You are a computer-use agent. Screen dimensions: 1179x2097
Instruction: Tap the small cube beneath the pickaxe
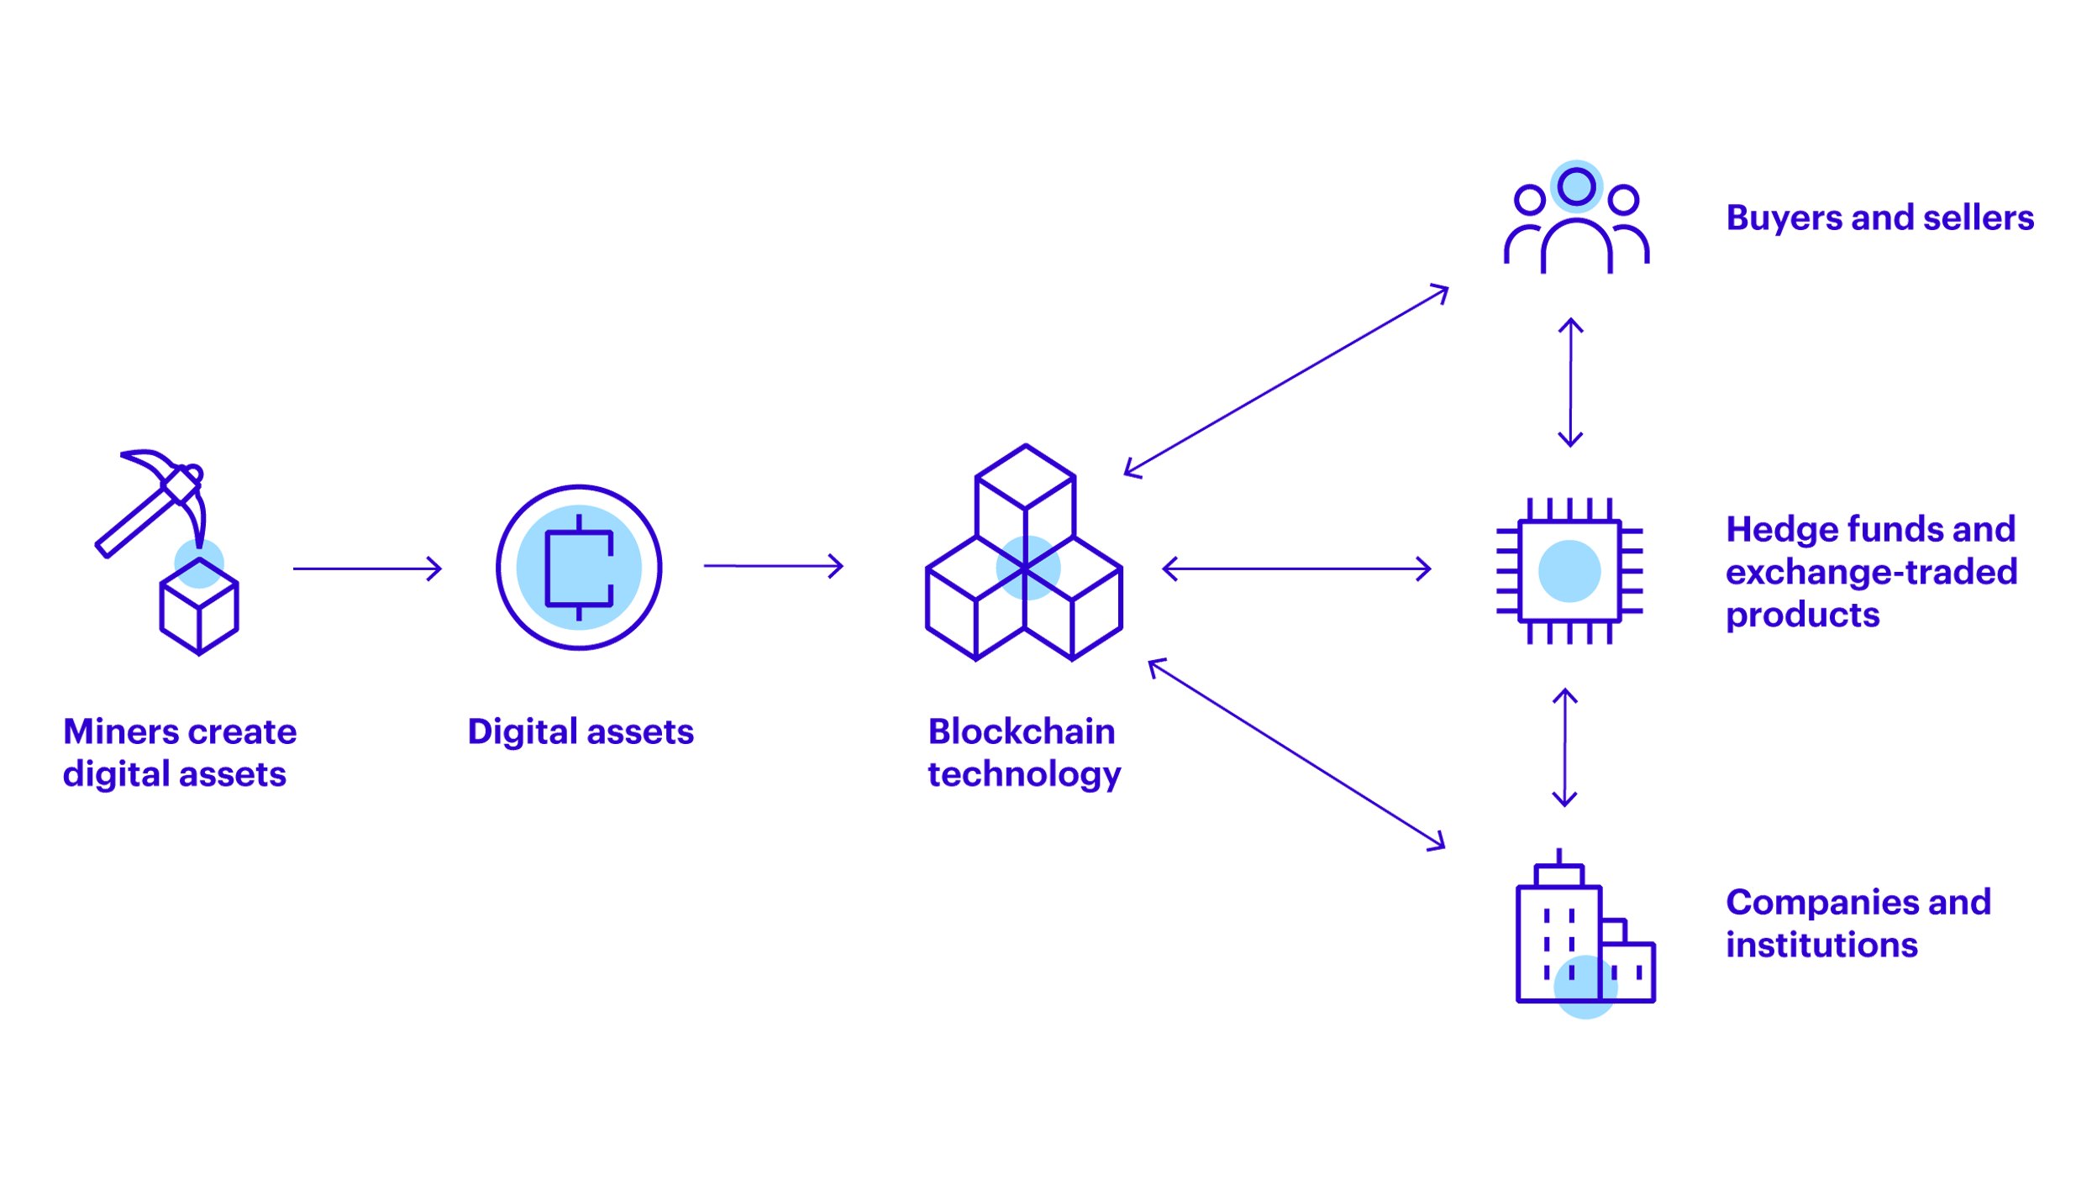coord(199,606)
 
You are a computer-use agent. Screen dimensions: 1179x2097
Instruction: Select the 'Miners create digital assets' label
coord(179,752)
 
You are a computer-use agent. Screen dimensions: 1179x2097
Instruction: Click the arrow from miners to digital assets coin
coord(367,569)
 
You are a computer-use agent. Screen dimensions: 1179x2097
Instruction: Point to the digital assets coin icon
coord(579,568)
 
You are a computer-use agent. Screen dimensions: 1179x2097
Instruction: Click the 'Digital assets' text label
coord(581,731)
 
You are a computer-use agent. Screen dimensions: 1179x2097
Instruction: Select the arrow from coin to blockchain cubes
coord(773,566)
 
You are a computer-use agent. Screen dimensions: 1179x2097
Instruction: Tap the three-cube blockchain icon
coord(1024,554)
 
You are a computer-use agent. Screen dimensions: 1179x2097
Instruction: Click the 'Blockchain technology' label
coord(1024,752)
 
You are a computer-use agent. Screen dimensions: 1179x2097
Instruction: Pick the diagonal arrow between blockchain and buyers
coord(1286,380)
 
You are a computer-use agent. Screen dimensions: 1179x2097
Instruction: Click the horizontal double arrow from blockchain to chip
coord(1296,569)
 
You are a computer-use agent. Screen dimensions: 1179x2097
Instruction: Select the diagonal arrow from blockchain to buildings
coord(1296,754)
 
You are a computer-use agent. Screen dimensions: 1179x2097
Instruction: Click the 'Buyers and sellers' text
coord(1879,217)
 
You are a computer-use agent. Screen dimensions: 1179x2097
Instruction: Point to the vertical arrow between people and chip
coord(1570,382)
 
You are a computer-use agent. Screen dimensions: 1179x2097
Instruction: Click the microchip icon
coord(1569,571)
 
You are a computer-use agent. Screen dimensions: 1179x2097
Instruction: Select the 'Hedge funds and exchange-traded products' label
coord(1871,572)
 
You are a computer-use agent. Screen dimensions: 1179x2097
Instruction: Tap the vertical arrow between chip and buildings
coord(1564,747)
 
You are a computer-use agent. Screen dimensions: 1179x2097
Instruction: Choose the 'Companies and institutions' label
coord(1858,924)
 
